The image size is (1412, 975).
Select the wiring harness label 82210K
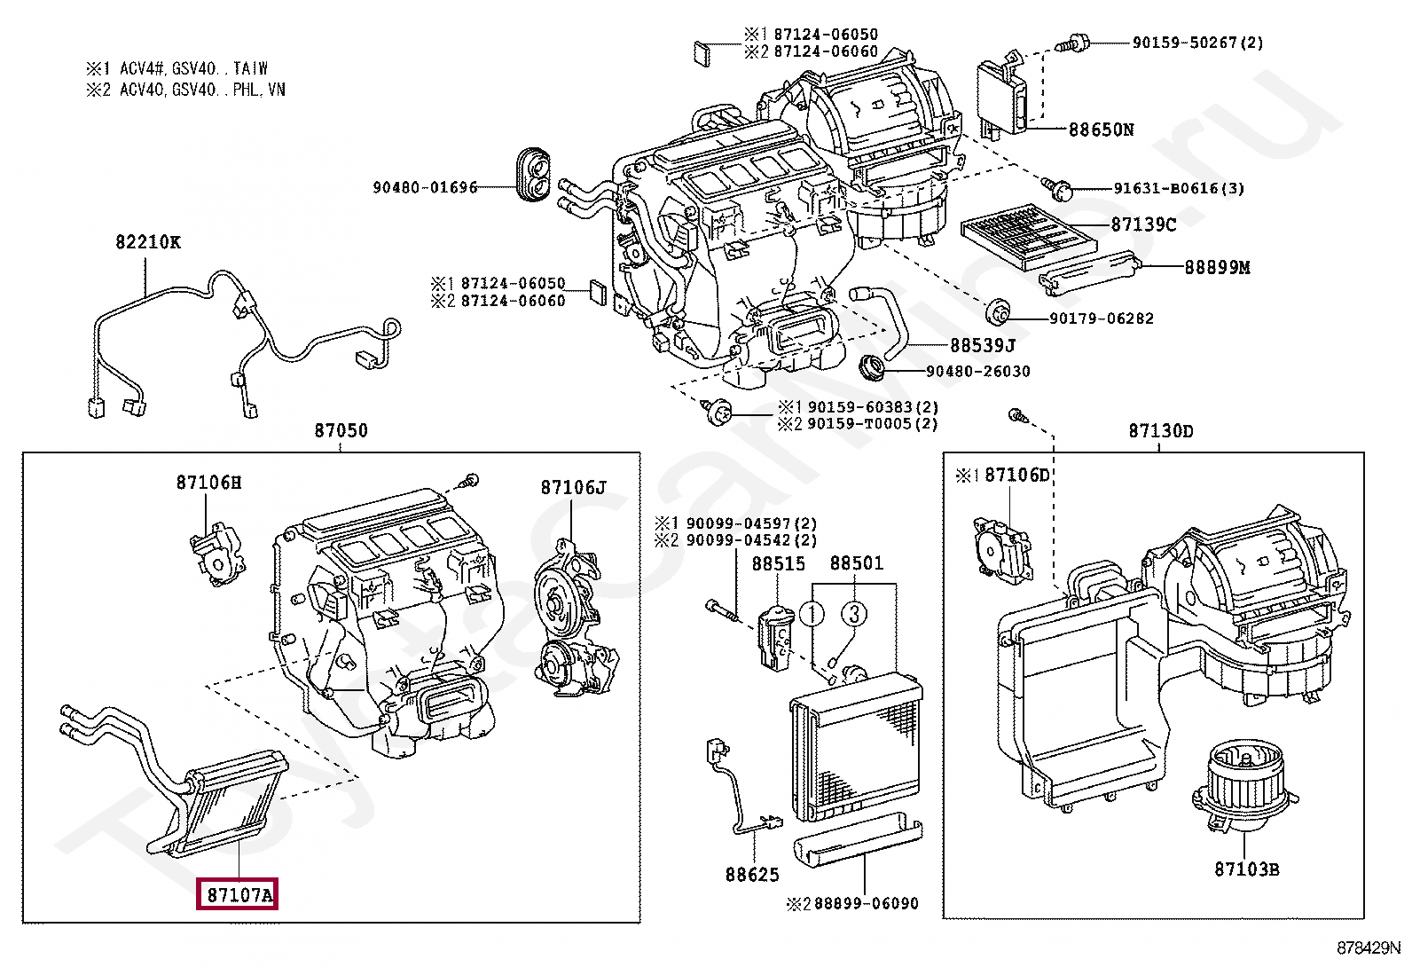point(146,241)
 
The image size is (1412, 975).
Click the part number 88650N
point(1101,130)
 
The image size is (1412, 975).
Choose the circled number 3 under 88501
point(853,613)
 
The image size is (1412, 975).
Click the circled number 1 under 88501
point(812,613)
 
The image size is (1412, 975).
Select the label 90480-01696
point(425,187)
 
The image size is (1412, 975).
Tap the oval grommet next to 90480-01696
point(533,175)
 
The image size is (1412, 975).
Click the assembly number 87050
point(341,431)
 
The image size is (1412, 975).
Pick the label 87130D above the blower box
point(1160,431)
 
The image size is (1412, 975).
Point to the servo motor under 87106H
point(216,554)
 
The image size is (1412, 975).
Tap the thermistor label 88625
point(752,875)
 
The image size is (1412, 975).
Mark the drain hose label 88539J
point(982,345)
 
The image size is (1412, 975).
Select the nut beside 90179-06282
point(998,312)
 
